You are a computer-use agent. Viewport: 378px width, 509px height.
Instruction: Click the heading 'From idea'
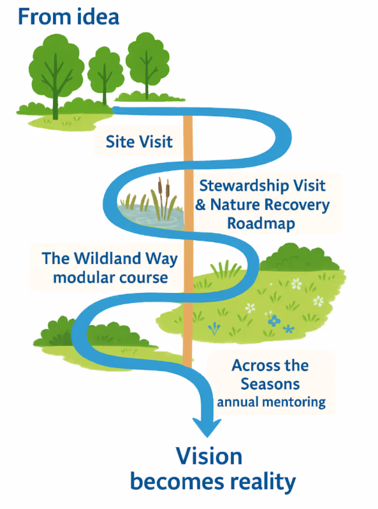tap(68, 17)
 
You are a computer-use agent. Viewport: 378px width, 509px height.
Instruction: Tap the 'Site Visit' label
tap(139, 141)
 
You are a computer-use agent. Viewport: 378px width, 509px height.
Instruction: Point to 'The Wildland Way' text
tap(110, 258)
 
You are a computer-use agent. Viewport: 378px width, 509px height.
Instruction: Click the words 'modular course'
tap(110, 278)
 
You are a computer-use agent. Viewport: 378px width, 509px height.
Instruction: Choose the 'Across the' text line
tap(270, 365)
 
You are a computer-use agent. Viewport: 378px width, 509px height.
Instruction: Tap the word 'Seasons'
tap(270, 384)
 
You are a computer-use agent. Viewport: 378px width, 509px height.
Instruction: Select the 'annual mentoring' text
tap(271, 402)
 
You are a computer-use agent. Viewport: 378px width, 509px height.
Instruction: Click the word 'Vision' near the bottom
tap(209, 456)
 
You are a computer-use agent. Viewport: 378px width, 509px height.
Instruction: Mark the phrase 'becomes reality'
tap(212, 482)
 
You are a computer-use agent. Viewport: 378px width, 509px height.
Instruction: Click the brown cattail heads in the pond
tap(163, 187)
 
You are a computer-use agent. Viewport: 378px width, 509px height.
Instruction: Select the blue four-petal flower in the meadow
tap(274, 320)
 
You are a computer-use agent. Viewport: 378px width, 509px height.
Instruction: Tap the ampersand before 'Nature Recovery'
tap(200, 205)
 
